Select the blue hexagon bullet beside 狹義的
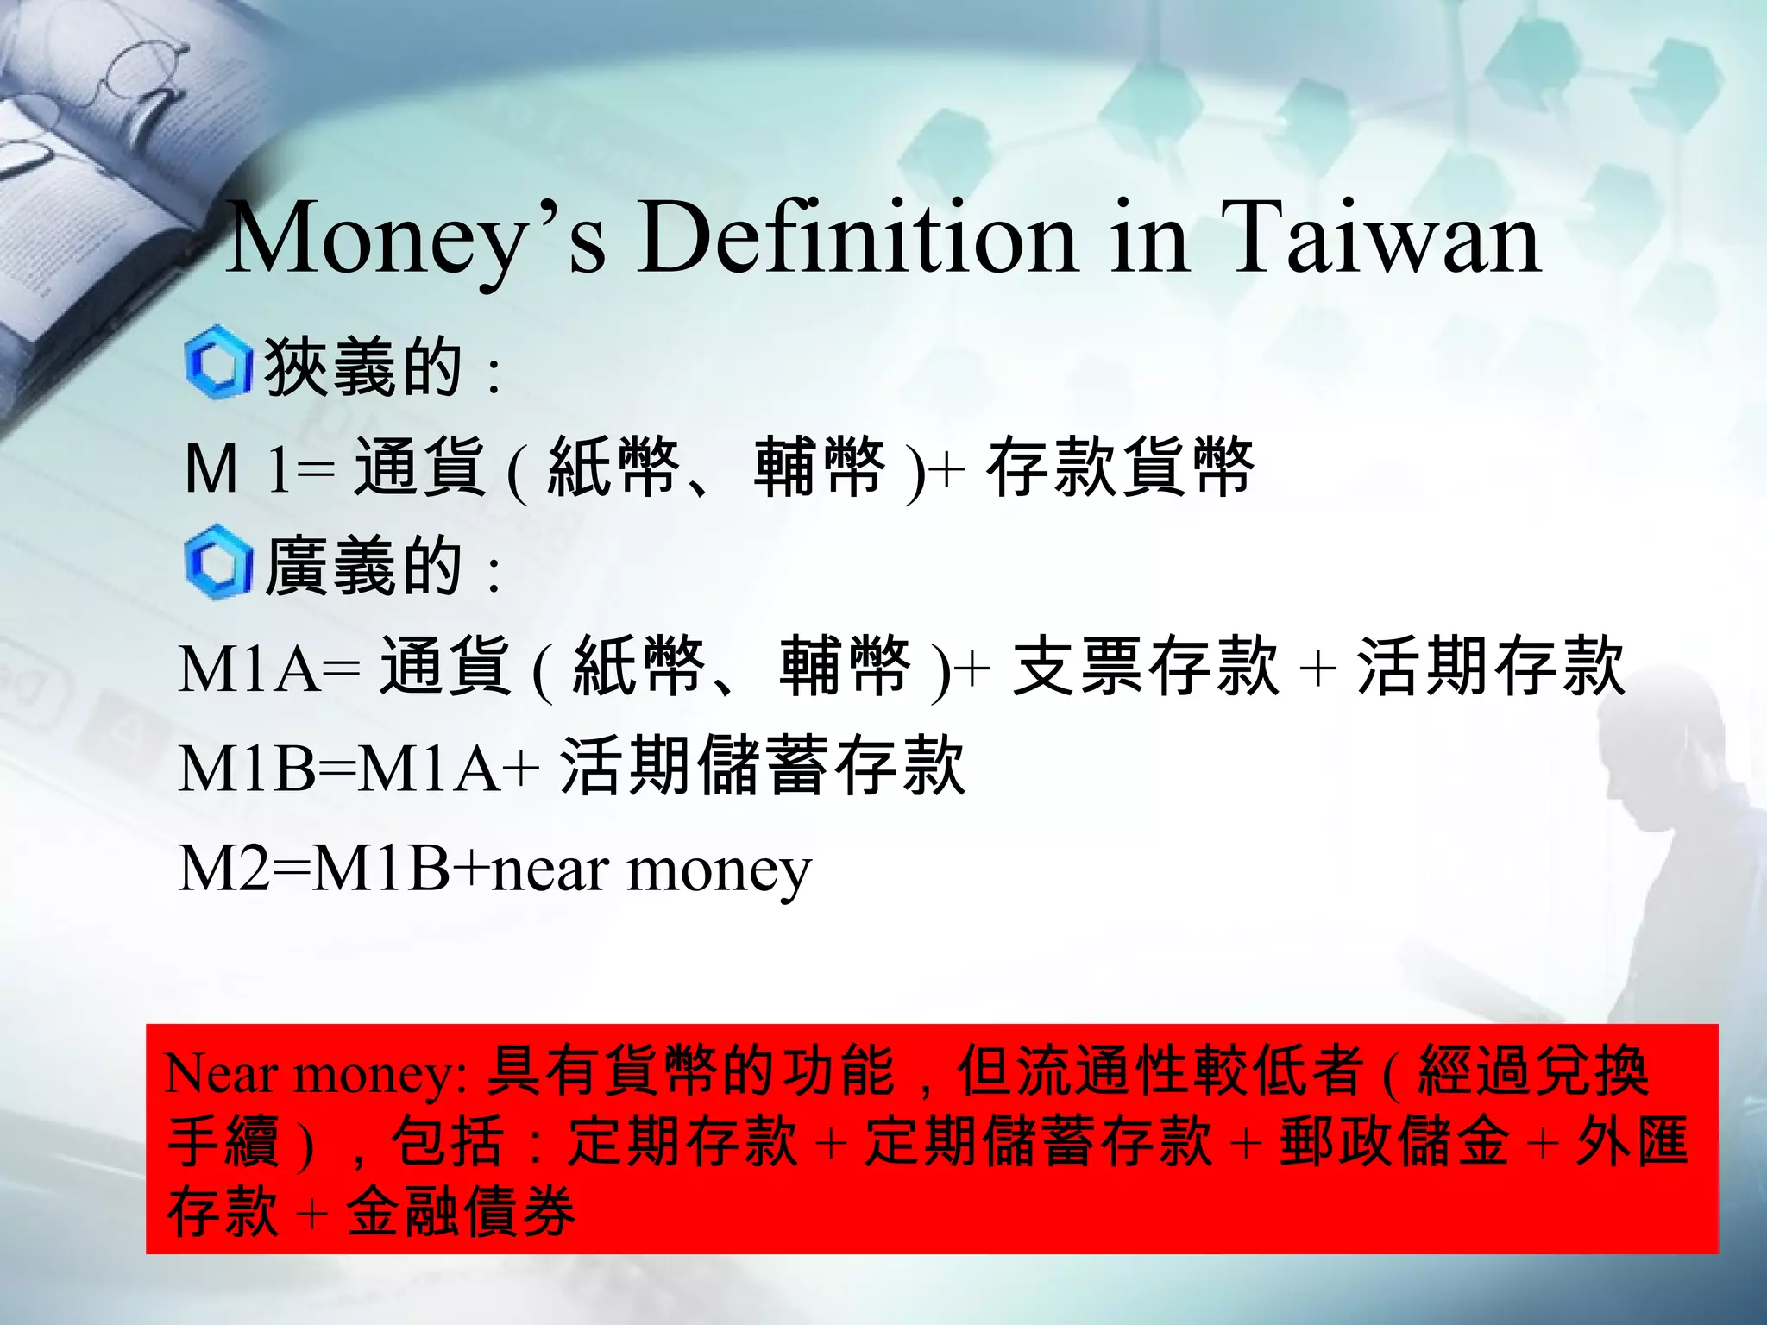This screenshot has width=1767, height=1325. coord(217,363)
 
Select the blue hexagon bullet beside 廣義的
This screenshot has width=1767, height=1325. coord(217,562)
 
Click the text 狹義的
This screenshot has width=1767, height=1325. coord(362,367)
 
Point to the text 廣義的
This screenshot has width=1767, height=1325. coord(362,566)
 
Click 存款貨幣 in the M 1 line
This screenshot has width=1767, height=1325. coord(1120,467)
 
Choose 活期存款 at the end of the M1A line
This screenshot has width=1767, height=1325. coord(1491,666)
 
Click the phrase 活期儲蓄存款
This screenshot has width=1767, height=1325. coord(763,766)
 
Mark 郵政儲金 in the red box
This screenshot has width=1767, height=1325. coord(1394,1141)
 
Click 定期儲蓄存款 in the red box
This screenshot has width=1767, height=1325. coord(1039,1141)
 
